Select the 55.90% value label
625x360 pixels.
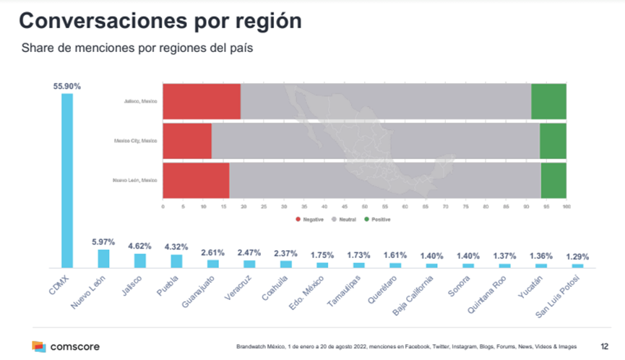(x=67, y=86)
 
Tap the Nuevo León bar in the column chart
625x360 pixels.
(x=103, y=259)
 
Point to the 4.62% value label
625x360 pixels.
(x=140, y=245)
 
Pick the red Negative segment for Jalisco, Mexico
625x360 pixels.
(x=201, y=101)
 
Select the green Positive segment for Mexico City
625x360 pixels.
(x=553, y=140)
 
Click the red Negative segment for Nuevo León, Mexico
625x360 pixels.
(x=196, y=180)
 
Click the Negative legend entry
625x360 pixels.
(x=311, y=218)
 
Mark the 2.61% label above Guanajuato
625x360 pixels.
(x=212, y=252)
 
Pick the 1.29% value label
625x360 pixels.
(x=577, y=257)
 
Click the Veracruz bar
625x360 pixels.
(x=249, y=264)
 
